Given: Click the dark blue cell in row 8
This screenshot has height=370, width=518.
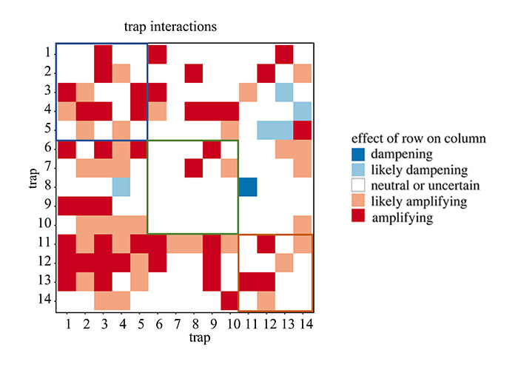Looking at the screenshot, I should [248, 186].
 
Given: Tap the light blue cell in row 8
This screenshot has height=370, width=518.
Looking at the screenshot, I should [121, 186].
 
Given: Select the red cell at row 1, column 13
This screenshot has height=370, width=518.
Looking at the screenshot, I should [284, 53].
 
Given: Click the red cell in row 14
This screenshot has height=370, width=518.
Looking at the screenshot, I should [229, 301].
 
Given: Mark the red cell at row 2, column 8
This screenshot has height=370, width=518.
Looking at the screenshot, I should [193, 73].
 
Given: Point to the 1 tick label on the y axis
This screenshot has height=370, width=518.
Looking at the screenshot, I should [47, 53].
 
